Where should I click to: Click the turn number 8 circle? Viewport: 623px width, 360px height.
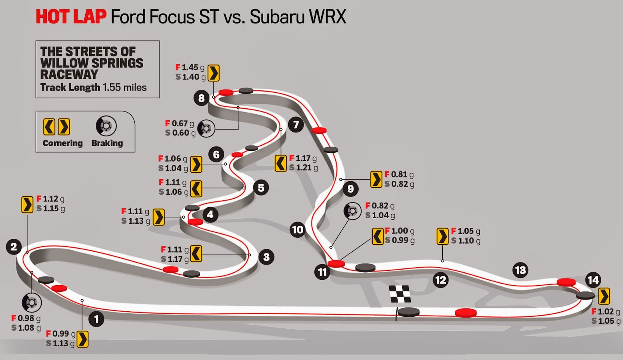(201, 98)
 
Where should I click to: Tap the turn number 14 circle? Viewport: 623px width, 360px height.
(593, 280)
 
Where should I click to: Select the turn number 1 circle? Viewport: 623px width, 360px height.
(96, 319)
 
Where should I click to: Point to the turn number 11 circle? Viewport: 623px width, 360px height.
(322, 272)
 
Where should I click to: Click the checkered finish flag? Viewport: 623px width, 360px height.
(400, 294)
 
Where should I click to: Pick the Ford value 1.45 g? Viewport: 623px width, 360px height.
(190, 67)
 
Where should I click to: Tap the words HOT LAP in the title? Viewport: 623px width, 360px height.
(71, 17)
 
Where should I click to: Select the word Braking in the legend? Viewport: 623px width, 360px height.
(107, 143)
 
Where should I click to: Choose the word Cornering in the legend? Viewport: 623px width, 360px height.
(63, 143)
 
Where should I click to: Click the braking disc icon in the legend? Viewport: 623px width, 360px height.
(106, 126)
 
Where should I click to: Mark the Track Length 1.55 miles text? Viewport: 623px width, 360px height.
(93, 87)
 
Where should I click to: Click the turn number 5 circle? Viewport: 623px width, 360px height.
(261, 188)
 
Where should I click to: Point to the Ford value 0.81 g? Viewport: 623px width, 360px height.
(399, 175)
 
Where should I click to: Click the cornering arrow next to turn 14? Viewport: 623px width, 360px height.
(604, 296)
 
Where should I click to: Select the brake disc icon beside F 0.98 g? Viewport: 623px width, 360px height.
(32, 302)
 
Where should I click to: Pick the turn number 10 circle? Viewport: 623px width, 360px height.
(297, 230)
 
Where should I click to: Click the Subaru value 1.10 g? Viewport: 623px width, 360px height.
(466, 241)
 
